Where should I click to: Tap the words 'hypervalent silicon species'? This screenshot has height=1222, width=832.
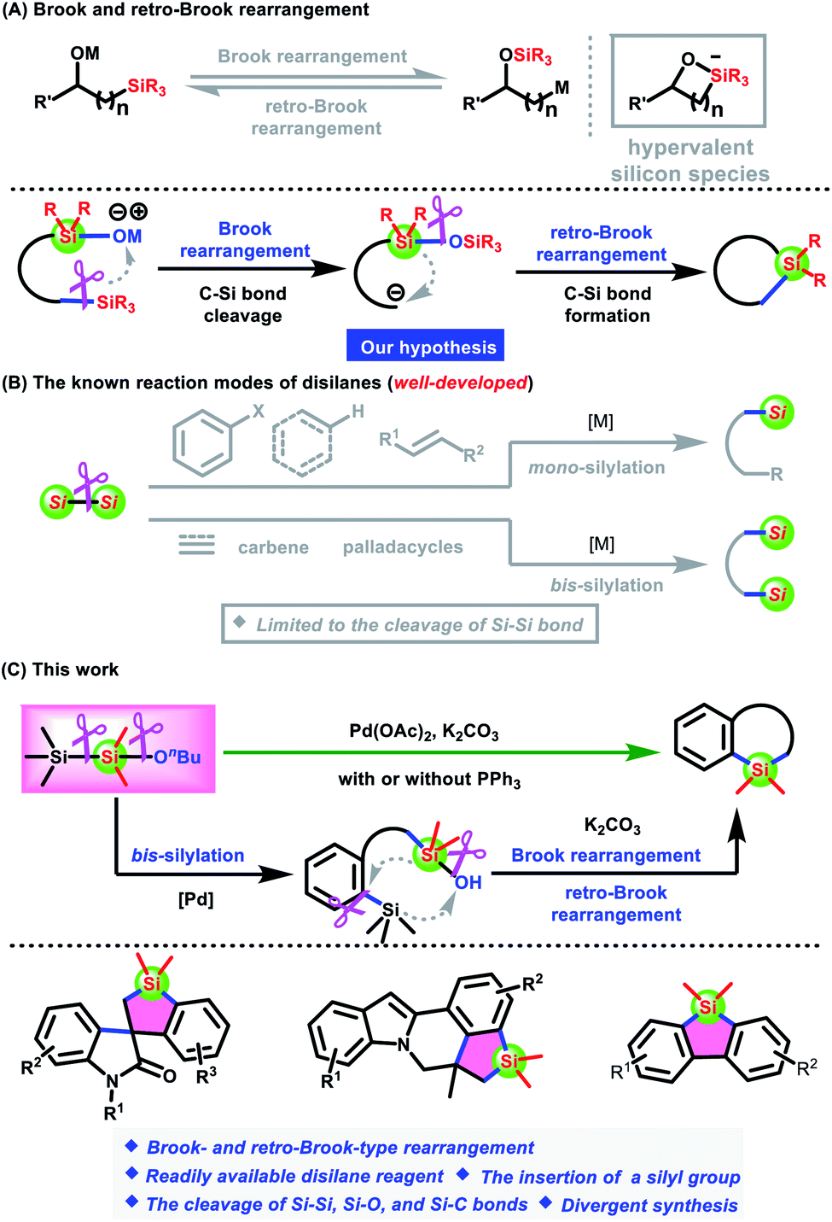(690, 161)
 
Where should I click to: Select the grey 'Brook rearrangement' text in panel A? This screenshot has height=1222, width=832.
(312, 56)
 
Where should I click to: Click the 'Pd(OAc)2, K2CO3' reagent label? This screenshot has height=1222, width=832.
(424, 732)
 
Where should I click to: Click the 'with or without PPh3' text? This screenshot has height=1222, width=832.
(429, 780)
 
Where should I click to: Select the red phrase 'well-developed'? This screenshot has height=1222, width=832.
(461, 383)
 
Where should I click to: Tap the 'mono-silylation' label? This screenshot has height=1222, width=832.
(596, 468)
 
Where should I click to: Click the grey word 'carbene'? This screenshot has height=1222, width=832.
(273, 547)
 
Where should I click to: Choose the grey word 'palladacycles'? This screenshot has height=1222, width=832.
(403, 547)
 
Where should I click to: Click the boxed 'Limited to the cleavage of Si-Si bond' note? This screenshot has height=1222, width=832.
(410, 625)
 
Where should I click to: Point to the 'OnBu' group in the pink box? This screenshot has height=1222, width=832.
(177, 757)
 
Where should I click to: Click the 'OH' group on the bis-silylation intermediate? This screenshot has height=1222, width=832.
(468, 882)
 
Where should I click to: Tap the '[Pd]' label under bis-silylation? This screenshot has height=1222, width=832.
(195, 899)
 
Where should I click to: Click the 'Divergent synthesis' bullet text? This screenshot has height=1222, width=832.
(649, 1205)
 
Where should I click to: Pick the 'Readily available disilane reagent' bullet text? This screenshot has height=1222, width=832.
(294, 1177)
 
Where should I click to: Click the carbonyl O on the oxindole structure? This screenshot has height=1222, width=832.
(170, 1076)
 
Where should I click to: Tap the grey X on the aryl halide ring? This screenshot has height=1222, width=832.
(258, 412)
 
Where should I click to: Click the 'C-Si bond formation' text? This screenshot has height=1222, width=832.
(607, 305)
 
